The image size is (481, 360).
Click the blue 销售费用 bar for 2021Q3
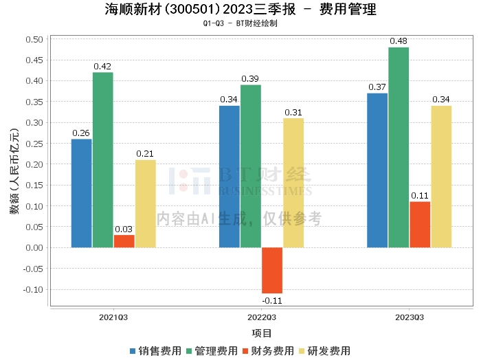tap(81, 193)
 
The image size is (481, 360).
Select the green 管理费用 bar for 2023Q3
tap(399, 147)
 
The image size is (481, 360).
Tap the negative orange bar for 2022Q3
tap(272, 270)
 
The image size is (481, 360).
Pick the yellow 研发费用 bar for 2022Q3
tap(293, 183)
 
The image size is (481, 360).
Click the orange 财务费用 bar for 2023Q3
tap(420, 224)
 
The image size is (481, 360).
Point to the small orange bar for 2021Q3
tap(124, 241)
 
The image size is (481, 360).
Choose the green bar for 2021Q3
tap(103, 159)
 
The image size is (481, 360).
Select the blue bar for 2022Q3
tap(230, 177)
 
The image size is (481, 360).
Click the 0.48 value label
tap(399, 41)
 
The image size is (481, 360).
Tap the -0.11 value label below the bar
tap(272, 300)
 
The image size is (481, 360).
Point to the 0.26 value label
tap(81, 133)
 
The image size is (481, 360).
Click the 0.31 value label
tap(293, 112)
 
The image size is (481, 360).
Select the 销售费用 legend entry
tap(154, 351)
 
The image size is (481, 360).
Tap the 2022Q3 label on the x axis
tap(262, 317)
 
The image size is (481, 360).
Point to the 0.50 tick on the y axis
tap(33, 39)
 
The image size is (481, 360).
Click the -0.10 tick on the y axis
tap(32, 289)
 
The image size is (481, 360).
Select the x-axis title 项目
tap(262, 333)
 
